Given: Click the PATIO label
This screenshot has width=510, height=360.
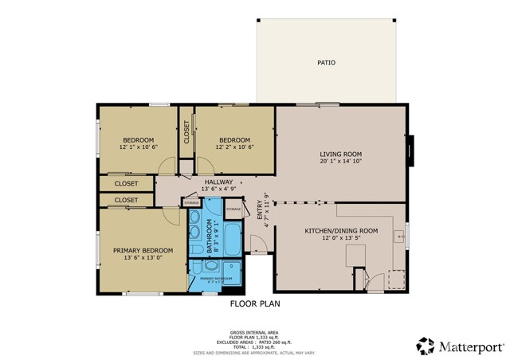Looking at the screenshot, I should click(x=326, y=62).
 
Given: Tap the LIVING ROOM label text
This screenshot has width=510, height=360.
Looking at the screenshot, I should click(x=341, y=154).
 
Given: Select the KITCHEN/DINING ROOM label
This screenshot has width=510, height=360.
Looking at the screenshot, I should click(x=341, y=231).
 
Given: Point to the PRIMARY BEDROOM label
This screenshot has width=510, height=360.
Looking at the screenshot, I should click(x=137, y=249).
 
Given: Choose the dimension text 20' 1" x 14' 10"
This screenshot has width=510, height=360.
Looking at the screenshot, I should click(x=341, y=162).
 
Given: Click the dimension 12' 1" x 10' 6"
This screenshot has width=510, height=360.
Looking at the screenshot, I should click(x=138, y=147).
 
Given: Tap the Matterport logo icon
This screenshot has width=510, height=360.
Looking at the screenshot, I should click(x=426, y=346).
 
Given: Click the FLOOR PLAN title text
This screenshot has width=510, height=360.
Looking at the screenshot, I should click(x=255, y=303).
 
